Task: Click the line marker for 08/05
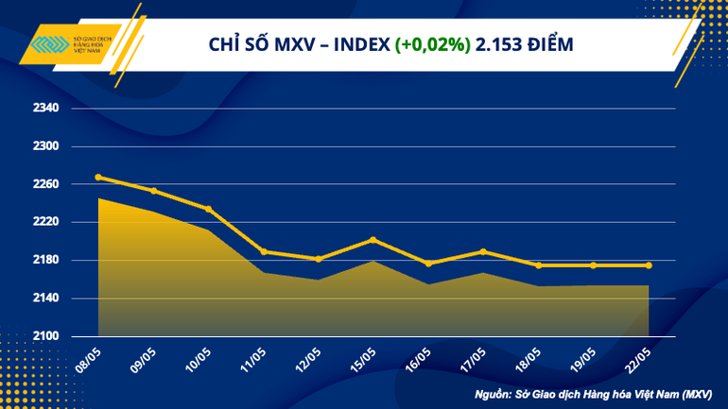99,177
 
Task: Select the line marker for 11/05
264,251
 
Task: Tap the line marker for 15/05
373,240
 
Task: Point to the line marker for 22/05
649,265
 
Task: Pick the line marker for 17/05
483,251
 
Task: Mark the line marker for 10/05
209,209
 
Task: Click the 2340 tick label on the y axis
45,109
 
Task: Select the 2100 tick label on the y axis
45,336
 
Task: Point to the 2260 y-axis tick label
45,184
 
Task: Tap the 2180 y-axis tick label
45,260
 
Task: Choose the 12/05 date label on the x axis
309,357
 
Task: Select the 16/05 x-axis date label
419,357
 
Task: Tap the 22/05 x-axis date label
639,357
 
